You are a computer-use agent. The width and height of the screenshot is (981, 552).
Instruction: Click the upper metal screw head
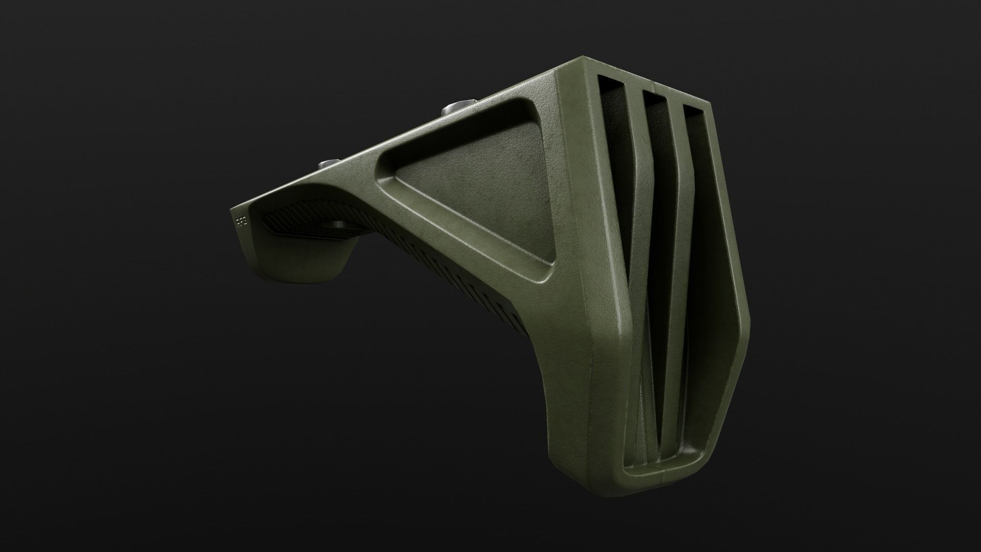click(x=453, y=108)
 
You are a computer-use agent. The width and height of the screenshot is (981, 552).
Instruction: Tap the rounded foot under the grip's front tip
click(x=301, y=266)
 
